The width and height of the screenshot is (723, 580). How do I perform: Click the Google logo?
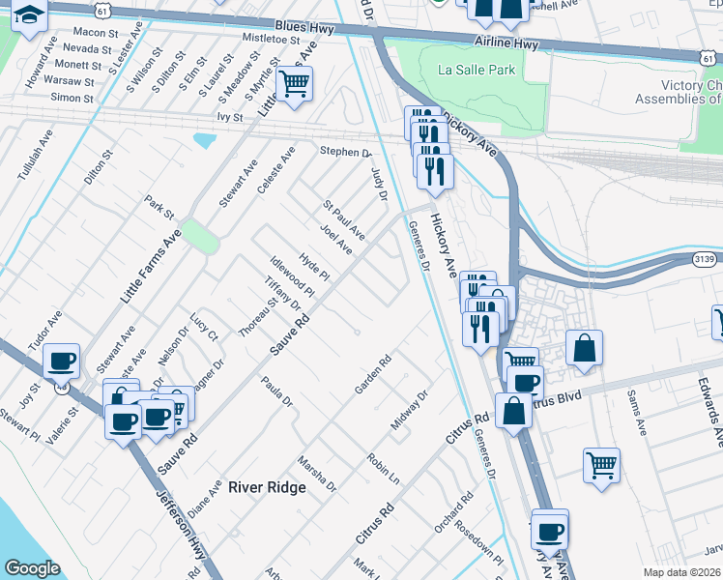click(x=32, y=568)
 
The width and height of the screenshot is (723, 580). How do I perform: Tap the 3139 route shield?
click(x=705, y=259)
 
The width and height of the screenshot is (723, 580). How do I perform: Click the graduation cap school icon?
click(x=30, y=16)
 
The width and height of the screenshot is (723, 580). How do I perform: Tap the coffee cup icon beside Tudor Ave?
click(x=63, y=362)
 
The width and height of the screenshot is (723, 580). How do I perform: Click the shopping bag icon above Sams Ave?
click(x=585, y=347)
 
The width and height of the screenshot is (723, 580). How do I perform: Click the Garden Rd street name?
click(x=372, y=375)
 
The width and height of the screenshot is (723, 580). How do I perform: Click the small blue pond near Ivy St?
click(x=205, y=140)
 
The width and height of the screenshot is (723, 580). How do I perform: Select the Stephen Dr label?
click(x=345, y=152)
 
